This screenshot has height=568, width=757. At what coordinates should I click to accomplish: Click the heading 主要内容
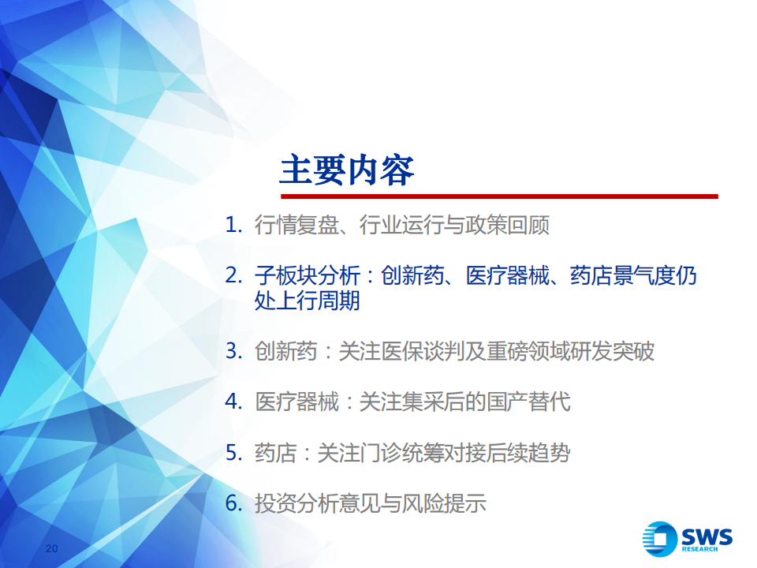[x=347, y=170]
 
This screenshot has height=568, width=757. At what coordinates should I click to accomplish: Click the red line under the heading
[x=499, y=196]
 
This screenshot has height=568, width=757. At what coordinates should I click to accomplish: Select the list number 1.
[x=233, y=225]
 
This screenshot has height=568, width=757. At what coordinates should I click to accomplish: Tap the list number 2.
[x=233, y=276]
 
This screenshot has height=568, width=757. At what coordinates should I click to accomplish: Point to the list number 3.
[x=233, y=351]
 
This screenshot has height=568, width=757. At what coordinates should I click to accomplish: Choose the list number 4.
[x=233, y=402]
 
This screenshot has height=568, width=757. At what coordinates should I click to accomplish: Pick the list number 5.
[x=233, y=453]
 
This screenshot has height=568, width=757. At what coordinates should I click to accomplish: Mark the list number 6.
[x=233, y=503]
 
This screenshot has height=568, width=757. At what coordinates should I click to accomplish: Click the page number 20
[x=52, y=548]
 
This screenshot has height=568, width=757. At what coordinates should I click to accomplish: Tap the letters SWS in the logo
[x=707, y=537]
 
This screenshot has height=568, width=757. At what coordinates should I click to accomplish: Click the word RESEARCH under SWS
[x=699, y=549]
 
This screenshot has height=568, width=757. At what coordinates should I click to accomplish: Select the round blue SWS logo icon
[x=659, y=539]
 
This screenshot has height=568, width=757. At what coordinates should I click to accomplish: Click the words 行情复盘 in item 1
[x=296, y=225]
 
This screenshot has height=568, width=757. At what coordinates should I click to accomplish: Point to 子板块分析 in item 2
[x=307, y=276]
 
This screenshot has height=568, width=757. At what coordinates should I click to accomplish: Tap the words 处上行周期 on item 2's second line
[x=307, y=301]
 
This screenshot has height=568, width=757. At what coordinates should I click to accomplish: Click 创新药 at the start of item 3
[x=285, y=351]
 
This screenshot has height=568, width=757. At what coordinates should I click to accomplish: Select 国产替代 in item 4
[x=528, y=402]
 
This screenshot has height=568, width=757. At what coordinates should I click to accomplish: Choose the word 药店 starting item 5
[x=275, y=453]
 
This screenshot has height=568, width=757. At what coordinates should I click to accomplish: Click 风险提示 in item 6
[x=444, y=503]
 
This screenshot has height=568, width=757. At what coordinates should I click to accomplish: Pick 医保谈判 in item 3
[x=423, y=351]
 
